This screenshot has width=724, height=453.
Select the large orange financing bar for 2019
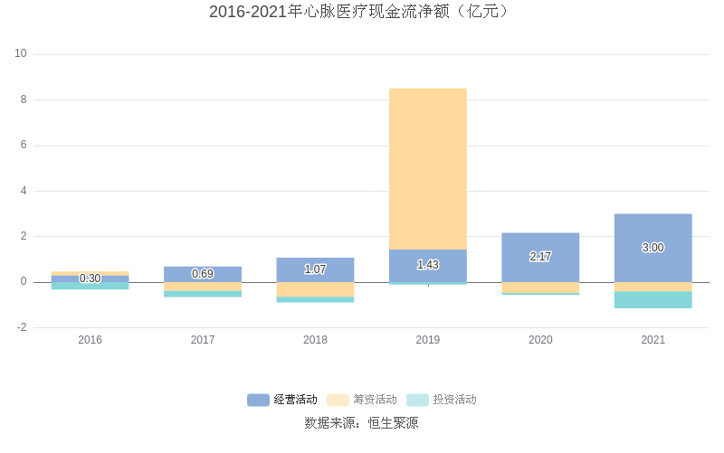point(428,168)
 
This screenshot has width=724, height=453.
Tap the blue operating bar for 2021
point(653,231)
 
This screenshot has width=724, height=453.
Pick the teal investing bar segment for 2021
point(653,300)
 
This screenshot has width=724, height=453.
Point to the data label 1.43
point(428,265)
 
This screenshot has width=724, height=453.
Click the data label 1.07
point(315,269)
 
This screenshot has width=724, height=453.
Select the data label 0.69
point(203,274)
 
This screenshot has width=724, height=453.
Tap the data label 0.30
point(90,278)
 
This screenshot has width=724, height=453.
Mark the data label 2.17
point(540,257)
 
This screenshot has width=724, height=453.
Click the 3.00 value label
point(653,248)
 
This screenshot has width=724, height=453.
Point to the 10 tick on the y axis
point(21,54)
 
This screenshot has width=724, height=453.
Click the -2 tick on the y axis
point(21,327)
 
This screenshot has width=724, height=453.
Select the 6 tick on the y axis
point(24,146)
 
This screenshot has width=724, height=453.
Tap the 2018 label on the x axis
point(315,340)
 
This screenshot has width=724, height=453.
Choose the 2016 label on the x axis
point(90,340)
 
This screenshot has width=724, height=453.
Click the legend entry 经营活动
point(282,400)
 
